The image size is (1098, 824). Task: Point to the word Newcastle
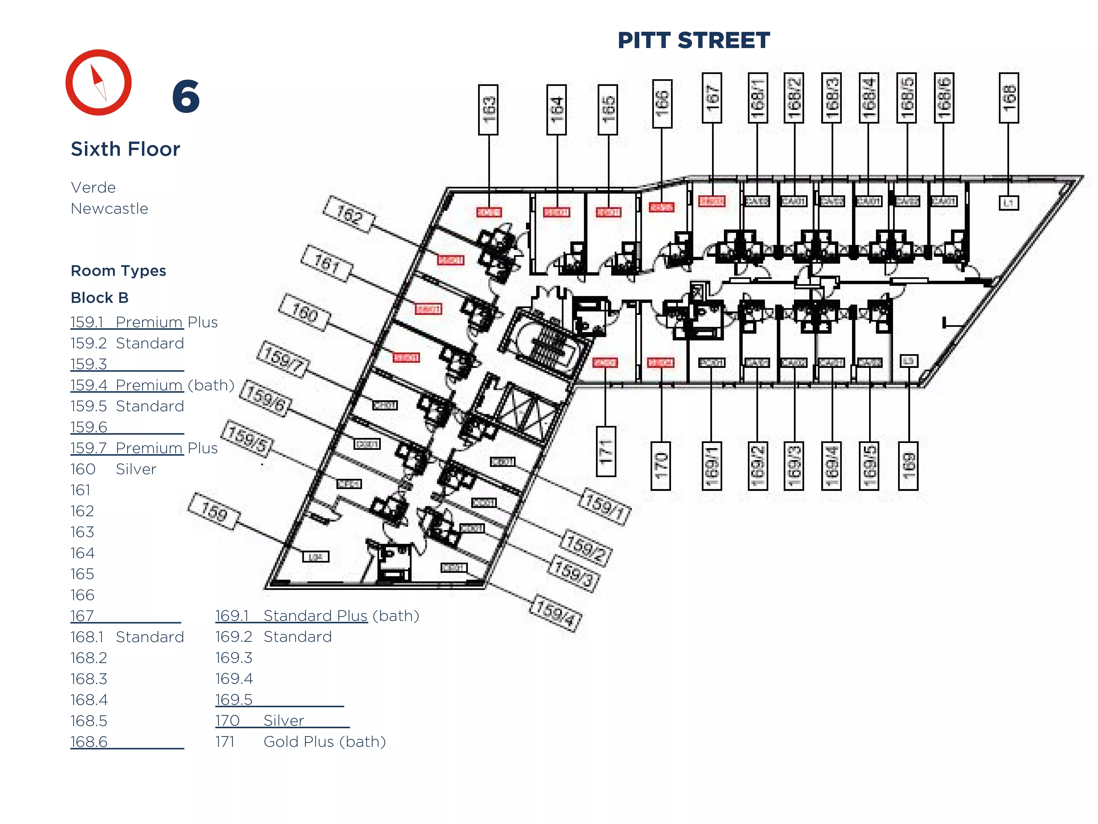coord(109,209)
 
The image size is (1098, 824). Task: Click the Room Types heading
coord(118,271)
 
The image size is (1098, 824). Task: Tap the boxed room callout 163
coord(488,109)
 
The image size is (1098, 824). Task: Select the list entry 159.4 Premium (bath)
coord(152,385)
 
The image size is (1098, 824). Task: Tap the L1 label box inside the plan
coord(1008,203)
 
